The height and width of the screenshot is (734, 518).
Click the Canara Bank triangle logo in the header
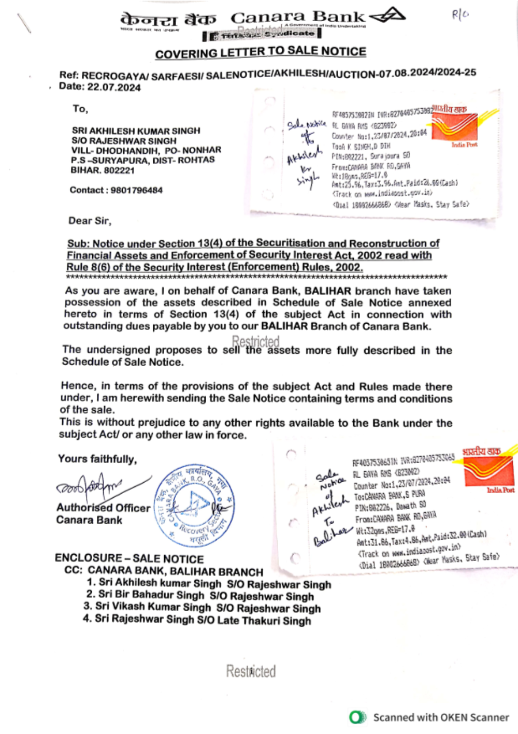[388, 16]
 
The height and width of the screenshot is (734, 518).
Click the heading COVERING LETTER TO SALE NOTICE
[261, 52]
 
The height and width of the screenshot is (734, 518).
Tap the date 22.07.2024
[114, 87]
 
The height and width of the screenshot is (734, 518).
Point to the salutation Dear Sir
[90, 221]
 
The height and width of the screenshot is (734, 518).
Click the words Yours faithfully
[97, 459]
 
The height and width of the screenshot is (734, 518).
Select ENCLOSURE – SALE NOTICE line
[129, 558]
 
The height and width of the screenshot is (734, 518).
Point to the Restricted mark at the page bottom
[251, 671]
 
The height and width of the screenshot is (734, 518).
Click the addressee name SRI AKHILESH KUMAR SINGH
[136, 131]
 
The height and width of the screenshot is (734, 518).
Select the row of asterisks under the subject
[256, 278]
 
